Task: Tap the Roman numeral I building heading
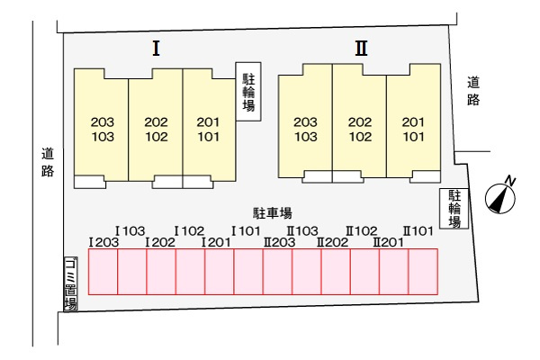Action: tap(156, 49)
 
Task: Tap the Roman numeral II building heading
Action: tap(361, 49)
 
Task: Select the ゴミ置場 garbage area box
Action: tap(70, 283)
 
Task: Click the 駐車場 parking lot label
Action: tap(273, 213)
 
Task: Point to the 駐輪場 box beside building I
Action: tap(248, 92)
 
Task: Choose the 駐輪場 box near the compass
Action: tap(454, 209)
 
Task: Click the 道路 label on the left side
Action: tap(48, 162)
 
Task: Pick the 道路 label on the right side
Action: tap(473, 91)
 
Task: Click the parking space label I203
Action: tap(103, 242)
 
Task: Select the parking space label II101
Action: tap(418, 230)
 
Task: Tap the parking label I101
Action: tap(246, 230)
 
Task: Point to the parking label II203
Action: tap(280, 242)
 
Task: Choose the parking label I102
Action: tap(189, 230)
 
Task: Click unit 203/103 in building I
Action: tap(101, 129)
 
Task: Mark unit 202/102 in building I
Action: tap(156, 129)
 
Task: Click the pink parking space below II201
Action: tap(394, 272)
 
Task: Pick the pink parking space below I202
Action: tap(161, 272)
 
